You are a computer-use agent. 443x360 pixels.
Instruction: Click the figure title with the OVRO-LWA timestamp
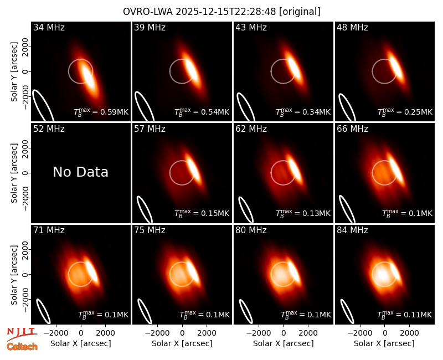221,12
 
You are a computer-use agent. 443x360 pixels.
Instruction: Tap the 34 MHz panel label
49,27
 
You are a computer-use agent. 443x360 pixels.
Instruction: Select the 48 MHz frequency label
352,27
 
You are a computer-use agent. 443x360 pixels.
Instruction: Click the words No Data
80,172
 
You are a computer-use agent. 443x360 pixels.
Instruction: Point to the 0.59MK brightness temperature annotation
101,112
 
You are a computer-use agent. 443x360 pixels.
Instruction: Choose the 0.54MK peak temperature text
202,112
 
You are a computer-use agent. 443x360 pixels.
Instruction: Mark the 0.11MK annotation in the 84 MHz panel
405,315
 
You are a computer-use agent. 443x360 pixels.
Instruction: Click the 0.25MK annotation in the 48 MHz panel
405,112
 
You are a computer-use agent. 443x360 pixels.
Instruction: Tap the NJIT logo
22,333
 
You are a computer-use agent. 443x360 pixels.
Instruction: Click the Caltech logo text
22,347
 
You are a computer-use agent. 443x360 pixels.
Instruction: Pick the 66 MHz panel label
352,129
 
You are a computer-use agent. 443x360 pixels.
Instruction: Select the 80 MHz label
251,230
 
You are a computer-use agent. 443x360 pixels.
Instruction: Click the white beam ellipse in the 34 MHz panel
43,105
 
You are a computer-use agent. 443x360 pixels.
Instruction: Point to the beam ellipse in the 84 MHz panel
347,311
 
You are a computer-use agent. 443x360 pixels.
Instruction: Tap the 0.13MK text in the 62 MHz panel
303,213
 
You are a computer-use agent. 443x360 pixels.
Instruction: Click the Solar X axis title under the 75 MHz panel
182,343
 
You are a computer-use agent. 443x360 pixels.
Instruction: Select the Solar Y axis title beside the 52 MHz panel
14,173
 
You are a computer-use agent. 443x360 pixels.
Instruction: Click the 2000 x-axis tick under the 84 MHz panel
409,333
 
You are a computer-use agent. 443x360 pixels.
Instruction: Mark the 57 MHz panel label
150,129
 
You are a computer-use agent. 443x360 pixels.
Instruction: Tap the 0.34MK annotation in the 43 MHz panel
303,112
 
